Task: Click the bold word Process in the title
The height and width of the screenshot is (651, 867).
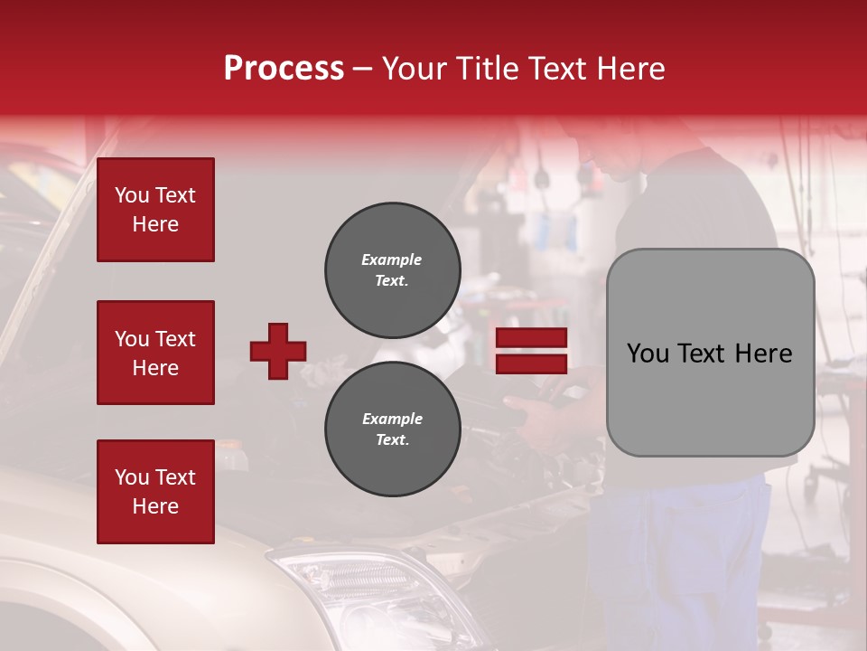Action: pos(284,69)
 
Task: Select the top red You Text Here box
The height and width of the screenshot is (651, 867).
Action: pos(155,210)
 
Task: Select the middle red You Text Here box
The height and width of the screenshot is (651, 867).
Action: pos(155,353)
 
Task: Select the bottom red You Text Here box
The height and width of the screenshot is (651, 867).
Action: pos(155,491)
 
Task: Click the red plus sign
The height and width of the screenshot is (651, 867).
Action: pos(278,351)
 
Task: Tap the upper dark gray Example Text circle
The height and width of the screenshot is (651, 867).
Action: pos(392,270)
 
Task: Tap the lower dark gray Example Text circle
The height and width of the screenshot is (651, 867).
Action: pos(392,429)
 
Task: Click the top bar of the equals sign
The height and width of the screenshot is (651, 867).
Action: pos(531,338)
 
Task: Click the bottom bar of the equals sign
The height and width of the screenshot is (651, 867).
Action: pos(531,363)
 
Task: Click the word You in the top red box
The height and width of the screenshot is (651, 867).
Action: pos(132,195)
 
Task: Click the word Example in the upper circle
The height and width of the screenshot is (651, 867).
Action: pos(392,259)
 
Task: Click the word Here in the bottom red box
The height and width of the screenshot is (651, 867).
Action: pos(155,506)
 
